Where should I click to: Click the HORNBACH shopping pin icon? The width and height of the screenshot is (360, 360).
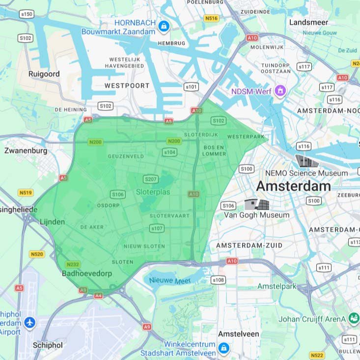coord(164,26)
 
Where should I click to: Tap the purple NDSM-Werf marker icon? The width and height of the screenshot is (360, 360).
coord(280,90)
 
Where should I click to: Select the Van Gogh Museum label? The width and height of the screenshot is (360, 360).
coord(256,215)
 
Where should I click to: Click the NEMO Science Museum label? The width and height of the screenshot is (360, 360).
coord(306,173)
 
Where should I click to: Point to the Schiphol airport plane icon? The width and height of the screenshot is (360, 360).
coord(29,323)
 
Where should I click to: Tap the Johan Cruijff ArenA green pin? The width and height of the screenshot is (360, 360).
coord(353,318)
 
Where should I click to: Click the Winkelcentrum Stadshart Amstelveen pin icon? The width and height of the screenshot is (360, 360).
coord(224,348)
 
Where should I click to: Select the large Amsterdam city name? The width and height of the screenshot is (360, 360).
coord(293,187)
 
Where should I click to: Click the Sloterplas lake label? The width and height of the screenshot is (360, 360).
coord(153,192)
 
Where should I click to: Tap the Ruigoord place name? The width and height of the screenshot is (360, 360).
coord(44,74)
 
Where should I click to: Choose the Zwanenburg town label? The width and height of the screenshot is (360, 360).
coord(26,151)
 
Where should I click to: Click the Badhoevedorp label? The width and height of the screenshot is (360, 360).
coord(87,274)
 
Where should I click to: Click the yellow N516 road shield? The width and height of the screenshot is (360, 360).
coord(211,18)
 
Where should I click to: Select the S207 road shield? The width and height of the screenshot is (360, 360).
coord(150,179)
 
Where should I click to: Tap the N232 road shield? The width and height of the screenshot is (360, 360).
coord(72,264)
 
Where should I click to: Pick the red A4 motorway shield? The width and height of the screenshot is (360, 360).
coord(98,295)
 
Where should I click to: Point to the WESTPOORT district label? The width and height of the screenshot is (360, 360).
coord(127,85)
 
